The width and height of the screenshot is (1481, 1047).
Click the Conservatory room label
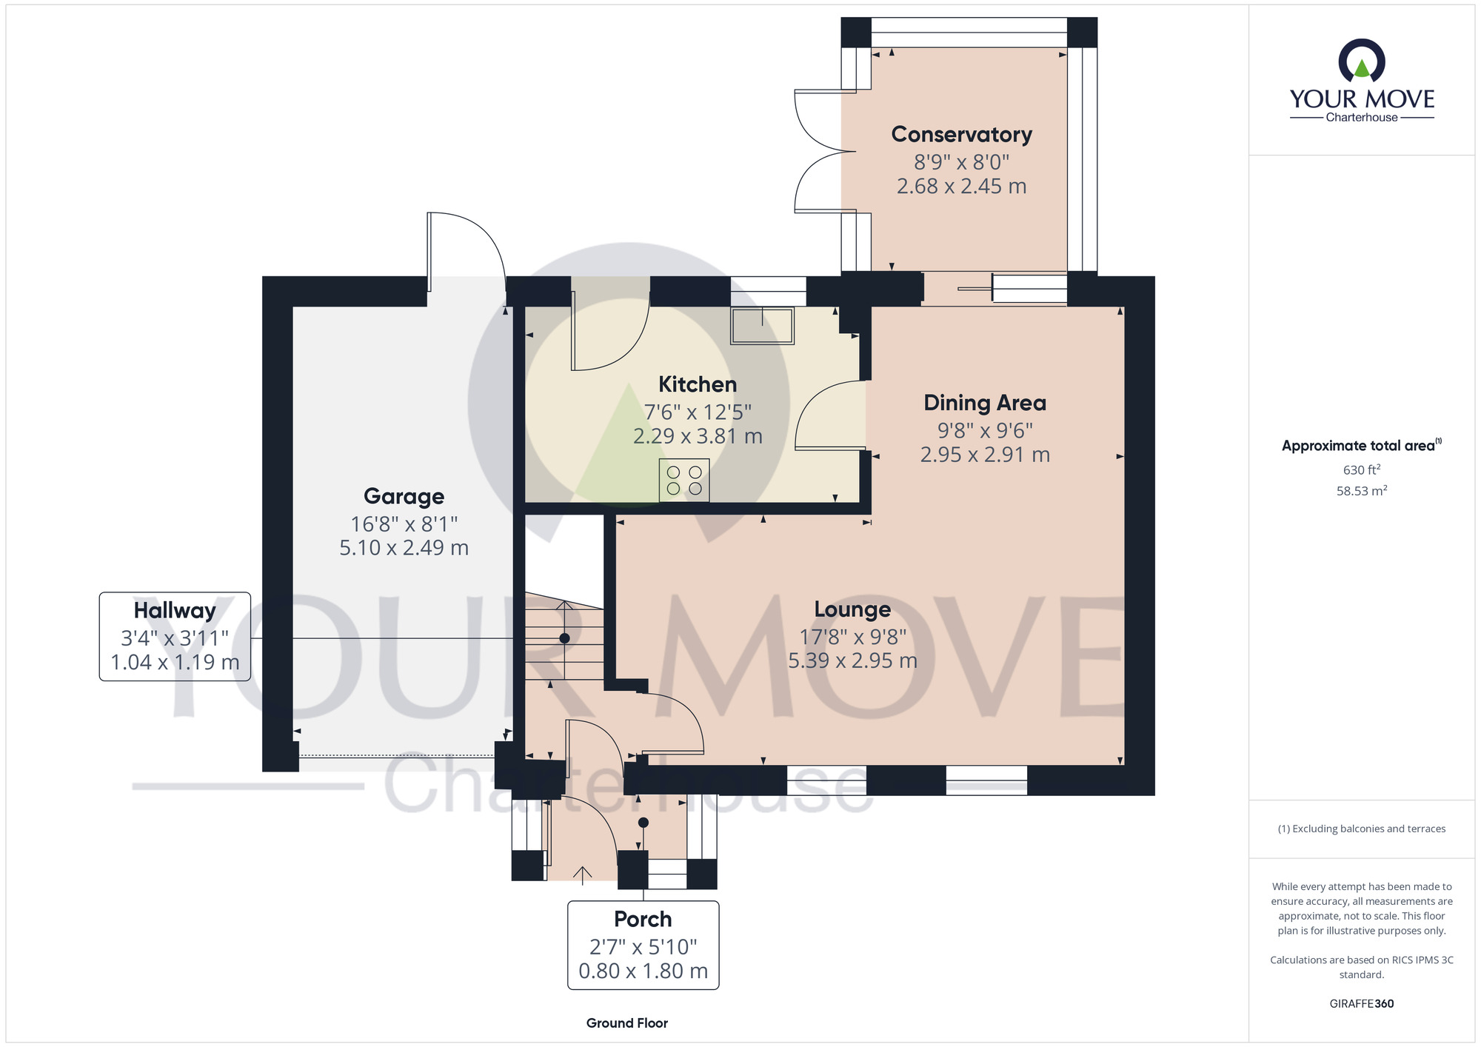coord(961,135)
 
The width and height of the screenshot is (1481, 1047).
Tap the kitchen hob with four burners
coord(684,480)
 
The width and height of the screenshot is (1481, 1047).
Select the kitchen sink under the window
coord(762,326)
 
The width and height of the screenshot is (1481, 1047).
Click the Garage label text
coord(404,496)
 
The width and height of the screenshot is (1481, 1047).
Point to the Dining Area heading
coord(985,403)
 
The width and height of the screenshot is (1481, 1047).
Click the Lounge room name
coord(852,609)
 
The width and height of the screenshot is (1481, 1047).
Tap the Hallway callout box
coord(175,637)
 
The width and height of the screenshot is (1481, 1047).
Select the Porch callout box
coord(643,945)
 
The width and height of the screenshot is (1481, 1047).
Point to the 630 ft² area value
coord(1362,469)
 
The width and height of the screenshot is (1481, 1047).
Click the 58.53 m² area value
coord(1362,491)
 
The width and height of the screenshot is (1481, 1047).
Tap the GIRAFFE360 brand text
coord(1362,1004)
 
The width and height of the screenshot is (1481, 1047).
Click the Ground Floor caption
coord(627,1023)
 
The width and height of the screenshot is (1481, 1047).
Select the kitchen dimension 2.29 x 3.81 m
coord(698,436)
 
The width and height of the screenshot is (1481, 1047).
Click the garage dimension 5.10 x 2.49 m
coord(404,548)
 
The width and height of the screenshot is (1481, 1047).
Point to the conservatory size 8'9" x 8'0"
coord(961,161)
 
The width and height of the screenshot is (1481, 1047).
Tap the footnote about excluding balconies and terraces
coord(1362,829)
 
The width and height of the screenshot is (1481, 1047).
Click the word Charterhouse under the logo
coord(1362,117)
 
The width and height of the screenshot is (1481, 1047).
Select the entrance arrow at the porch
coord(583,875)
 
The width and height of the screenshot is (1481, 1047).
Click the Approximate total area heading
coord(1362,445)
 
